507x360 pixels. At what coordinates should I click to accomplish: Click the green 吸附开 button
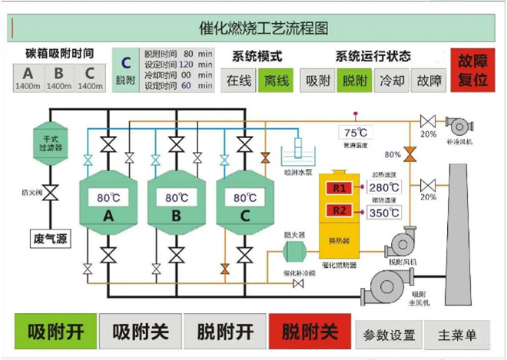(56, 332)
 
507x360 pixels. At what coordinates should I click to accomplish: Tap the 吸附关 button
(141, 332)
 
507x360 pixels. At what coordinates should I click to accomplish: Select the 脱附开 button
(225, 332)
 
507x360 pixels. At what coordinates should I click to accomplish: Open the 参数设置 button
(389, 335)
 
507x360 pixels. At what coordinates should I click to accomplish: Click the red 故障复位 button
(472, 70)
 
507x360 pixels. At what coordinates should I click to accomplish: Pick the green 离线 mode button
(275, 80)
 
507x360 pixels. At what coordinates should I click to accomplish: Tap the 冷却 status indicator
(392, 80)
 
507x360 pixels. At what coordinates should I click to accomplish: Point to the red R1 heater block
(339, 188)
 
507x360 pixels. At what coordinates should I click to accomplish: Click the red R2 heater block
(339, 211)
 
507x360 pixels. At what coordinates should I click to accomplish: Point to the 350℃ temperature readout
(383, 213)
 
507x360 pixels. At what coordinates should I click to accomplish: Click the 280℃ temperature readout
(383, 187)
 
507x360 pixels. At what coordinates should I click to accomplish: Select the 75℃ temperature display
(356, 132)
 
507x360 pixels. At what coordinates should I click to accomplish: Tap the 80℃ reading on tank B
(176, 197)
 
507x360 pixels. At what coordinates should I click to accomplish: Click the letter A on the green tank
(108, 217)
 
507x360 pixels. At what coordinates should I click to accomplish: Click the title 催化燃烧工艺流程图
(253, 28)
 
